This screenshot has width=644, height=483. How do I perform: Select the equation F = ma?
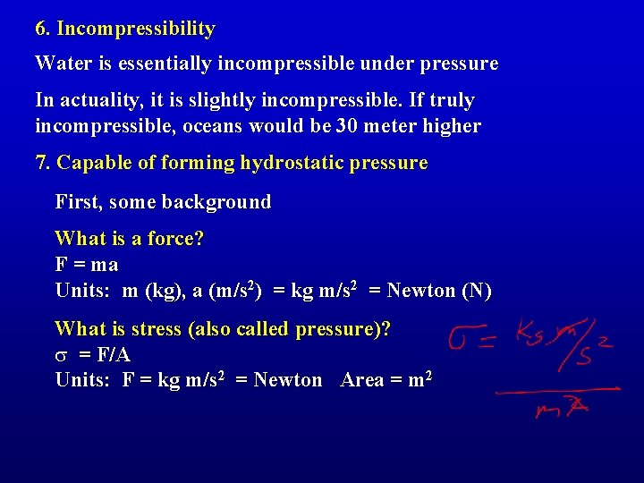pos(87,265)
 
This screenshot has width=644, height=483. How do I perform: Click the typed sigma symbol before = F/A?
pos(61,355)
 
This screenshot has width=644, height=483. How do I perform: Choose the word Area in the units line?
pos(362,380)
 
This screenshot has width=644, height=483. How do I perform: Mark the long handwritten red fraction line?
pos(557,390)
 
